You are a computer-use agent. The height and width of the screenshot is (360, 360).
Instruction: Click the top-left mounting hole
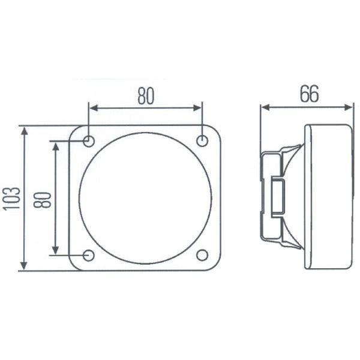[x=89, y=141]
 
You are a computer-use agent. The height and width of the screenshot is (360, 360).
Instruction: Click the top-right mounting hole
[x=202, y=140]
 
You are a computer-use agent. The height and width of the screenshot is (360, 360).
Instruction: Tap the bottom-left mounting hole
[x=89, y=256]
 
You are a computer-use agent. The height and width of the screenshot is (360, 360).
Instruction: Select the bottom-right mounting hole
[x=202, y=255]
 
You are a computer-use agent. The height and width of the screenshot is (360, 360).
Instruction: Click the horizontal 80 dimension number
[x=146, y=96]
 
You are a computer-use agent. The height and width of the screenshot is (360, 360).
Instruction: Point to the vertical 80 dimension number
[x=42, y=200]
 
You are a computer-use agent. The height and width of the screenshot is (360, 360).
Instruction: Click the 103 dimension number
[x=12, y=199]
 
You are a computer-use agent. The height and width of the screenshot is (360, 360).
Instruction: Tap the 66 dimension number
[x=310, y=94]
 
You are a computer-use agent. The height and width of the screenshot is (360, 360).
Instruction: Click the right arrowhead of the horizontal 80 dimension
[x=197, y=107]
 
